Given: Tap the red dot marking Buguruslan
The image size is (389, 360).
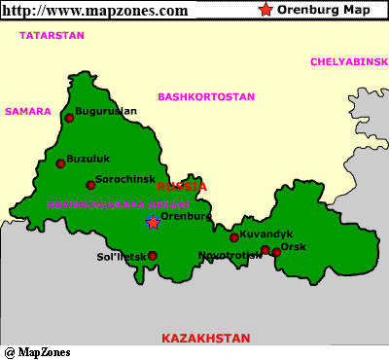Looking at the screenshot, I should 69,118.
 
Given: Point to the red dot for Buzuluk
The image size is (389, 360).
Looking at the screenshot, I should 60,163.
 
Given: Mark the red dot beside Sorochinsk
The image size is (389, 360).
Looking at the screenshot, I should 90,185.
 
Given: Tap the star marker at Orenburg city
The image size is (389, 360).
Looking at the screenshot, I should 153,223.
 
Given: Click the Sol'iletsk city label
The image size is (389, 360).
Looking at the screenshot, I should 120,256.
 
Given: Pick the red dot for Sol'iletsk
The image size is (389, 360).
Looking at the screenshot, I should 152,256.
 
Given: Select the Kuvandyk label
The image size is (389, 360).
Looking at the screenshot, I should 265,234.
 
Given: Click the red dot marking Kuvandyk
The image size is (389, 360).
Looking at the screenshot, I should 233,237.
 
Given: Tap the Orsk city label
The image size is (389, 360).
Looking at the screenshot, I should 293,247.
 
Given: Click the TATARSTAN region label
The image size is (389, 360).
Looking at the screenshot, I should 50,35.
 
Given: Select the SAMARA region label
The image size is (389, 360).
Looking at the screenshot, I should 27,111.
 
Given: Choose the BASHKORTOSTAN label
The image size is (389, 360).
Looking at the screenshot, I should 206,97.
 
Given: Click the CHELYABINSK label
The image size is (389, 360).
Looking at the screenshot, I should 348,61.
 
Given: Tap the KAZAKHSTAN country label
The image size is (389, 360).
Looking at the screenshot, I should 205,338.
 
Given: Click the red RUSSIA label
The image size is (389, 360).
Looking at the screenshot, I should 182,186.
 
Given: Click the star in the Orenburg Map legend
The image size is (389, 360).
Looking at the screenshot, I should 265,10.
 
